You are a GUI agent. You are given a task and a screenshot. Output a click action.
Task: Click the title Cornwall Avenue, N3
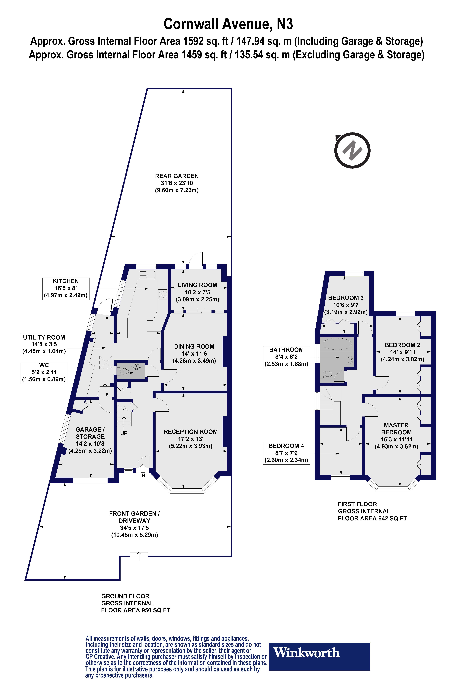(228, 24)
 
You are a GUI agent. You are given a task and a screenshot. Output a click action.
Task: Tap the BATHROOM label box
(286, 357)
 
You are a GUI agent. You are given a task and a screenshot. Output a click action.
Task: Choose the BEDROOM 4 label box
(286, 453)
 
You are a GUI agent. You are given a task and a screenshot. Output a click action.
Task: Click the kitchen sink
(147, 274)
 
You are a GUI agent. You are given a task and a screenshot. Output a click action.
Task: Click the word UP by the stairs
(124, 433)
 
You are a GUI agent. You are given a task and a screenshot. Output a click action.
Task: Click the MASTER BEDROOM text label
(396, 429)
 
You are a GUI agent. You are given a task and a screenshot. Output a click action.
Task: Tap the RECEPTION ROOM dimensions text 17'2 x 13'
(190, 439)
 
